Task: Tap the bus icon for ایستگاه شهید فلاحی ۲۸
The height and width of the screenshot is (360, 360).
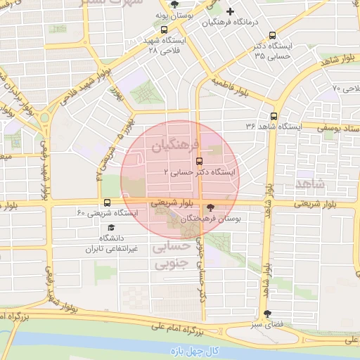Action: pyautogui.click(x=164, y=30)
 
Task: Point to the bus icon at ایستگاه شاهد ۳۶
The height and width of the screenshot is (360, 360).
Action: pyautogui.click(x=273, y=117)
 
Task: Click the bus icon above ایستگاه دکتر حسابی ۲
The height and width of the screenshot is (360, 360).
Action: pyautogui.click(x=199, y=160)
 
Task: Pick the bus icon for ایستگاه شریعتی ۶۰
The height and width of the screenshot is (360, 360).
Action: pyautogui.click(x=106, y=203)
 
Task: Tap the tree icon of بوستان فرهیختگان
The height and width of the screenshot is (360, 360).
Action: pyautogui.click(x=211, y=208)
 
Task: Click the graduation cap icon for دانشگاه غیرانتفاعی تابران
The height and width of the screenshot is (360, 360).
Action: pyautogui.click(x=110, y=228)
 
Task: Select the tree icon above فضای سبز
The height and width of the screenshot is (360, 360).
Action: pyautogui.click(x=266, y=314)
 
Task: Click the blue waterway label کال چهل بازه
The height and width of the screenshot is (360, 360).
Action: pyautogui.click(x=193, y=350)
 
